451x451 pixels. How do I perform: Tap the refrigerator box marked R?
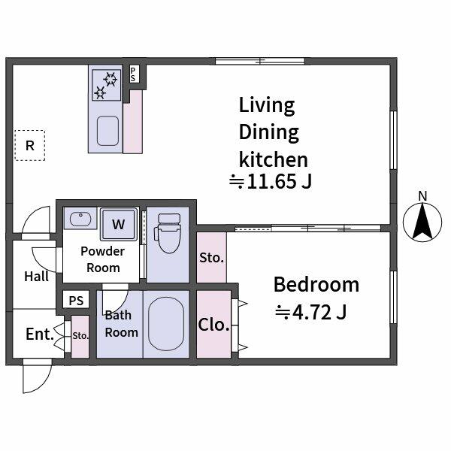tap(30, 146)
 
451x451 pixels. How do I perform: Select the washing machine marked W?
tap(119, 223)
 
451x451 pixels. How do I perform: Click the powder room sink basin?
tap(77, 219)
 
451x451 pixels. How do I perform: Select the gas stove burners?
tap(105, 84)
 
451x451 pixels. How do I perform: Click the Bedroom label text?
tap(316, 285)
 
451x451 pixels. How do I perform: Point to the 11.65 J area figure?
tap(271, 182)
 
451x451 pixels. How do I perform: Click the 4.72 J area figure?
tap(310, 311)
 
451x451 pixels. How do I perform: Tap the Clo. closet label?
tap(213, 325)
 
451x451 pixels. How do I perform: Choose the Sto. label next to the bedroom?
tap(211, 258)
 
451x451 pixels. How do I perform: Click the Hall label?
tap(36, 276)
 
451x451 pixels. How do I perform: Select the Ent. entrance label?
tap(39, 333)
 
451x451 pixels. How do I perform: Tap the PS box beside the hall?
tap(76, 301)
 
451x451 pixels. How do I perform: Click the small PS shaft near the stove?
tap(134, 74)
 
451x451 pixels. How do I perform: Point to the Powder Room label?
tap(103, 259)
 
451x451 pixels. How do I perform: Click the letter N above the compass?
tap(422, 197)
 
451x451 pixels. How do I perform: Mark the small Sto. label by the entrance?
tap(80, 335)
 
